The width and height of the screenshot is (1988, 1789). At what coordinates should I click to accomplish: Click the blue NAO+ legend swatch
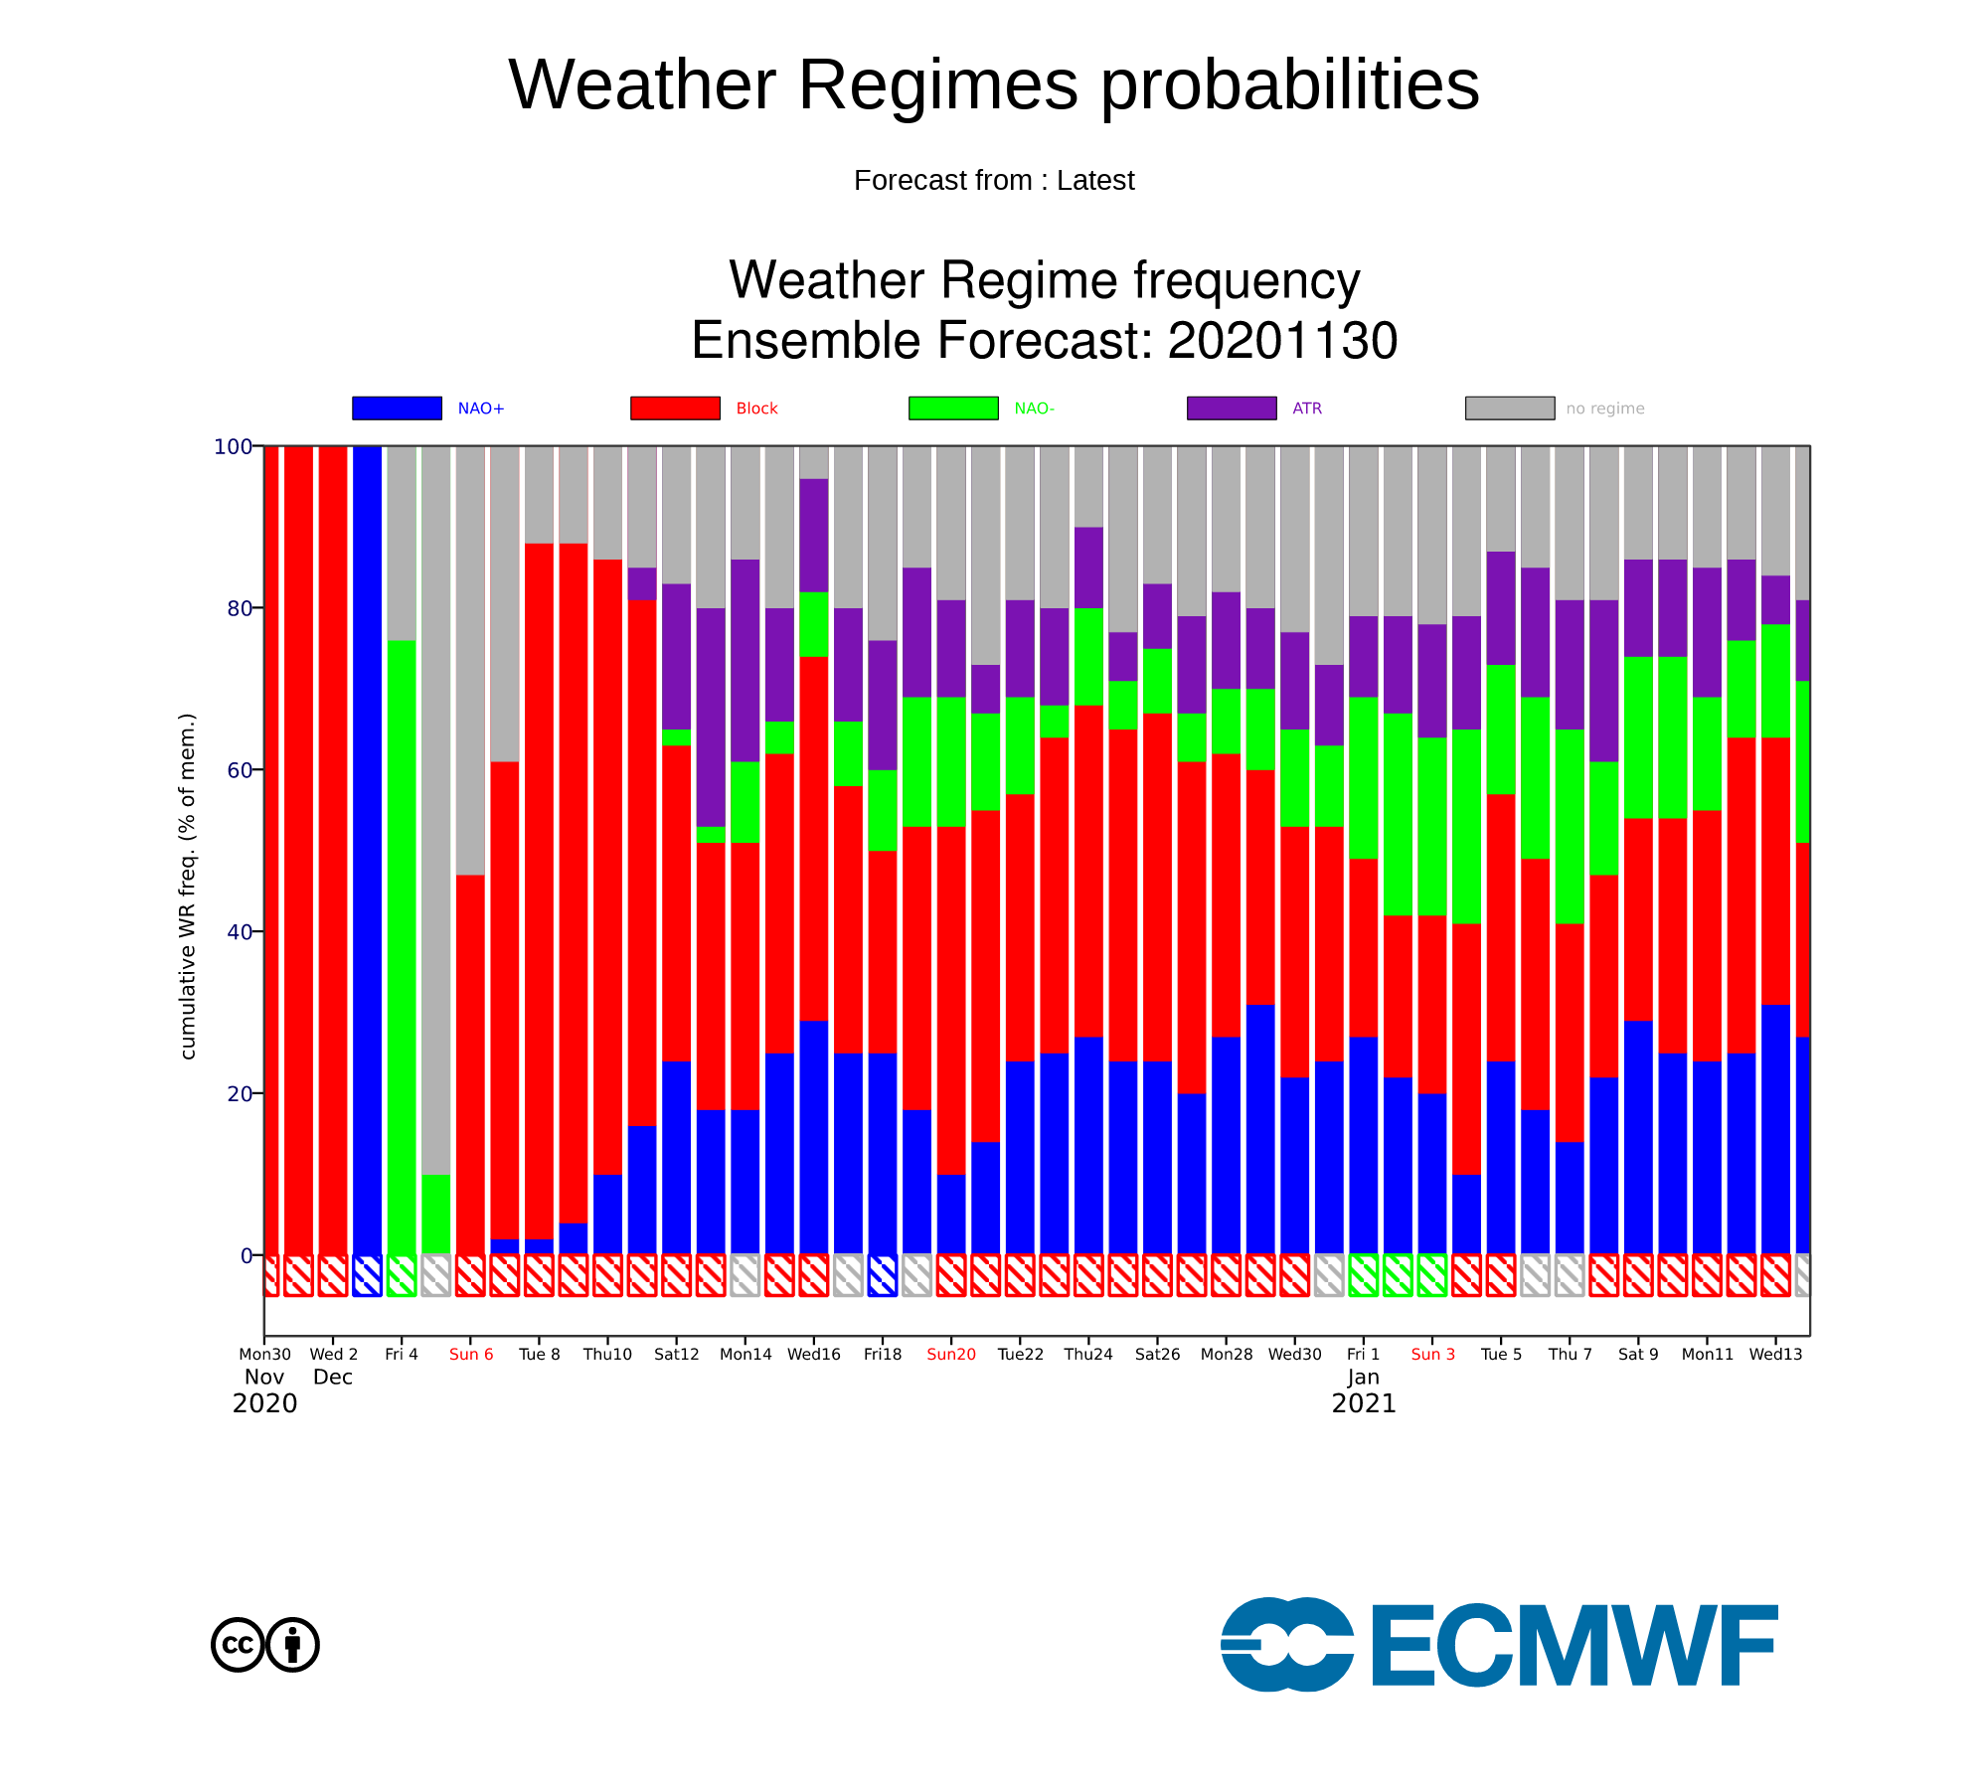(397, 407)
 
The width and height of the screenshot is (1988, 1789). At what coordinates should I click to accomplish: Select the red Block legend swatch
(675, 407)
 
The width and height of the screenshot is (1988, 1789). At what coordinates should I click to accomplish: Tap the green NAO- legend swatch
(953, 407)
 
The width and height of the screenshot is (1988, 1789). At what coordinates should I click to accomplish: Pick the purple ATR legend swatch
(1232, 407)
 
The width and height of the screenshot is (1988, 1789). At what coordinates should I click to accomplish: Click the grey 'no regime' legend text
(1605, 408)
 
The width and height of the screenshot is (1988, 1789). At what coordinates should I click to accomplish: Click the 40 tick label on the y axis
(240, 932)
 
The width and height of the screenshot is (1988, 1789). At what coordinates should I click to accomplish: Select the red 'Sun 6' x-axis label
(471, 1354)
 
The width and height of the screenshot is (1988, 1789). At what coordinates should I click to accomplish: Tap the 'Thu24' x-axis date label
(1088, 1354)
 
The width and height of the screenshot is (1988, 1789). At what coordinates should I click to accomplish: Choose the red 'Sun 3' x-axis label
(1432, 1354)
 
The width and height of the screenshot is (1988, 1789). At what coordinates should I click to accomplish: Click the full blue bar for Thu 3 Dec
(367, 850)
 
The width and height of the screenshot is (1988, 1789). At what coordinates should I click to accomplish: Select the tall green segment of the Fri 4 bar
(402, 947)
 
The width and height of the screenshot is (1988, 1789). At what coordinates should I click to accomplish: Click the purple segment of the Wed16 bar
(814, 536)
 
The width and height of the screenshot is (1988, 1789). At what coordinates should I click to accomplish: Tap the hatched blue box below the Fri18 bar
(883, 1275)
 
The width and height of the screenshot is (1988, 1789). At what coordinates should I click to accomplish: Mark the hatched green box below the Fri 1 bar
(1364, 1275)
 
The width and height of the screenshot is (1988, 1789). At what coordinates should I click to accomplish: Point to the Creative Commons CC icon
(238, 1645)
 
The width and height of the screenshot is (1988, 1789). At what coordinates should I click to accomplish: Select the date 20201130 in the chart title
(1282, 341)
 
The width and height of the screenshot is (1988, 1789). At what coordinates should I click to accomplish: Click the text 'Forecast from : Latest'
(994, 180)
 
